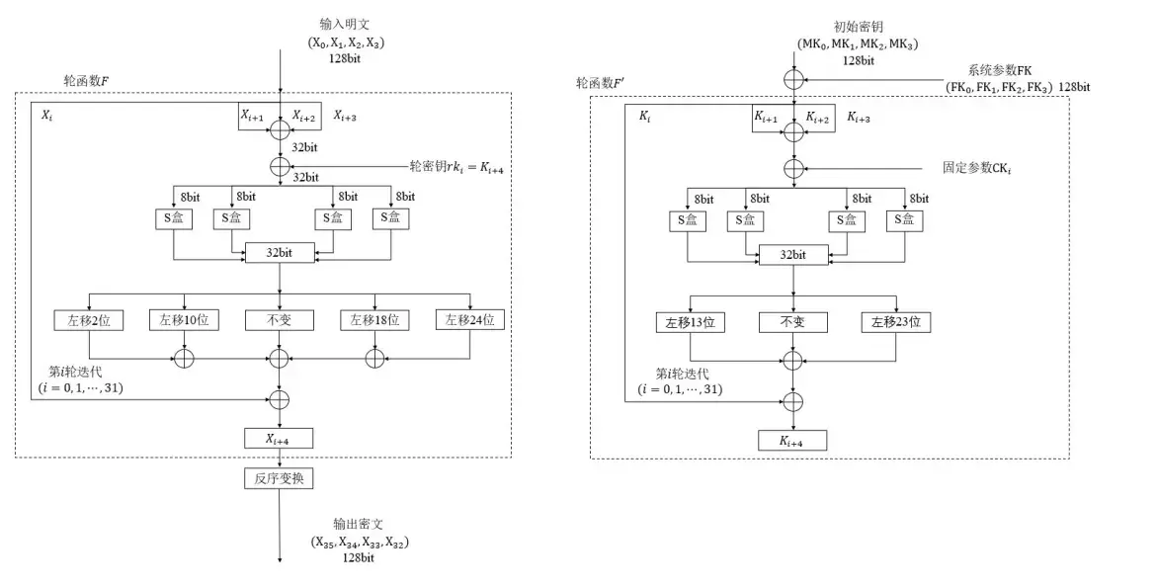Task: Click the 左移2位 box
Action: [90, 319]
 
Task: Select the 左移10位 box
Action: [184, 319]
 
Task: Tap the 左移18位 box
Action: [375, 319]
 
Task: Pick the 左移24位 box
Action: [469, 319]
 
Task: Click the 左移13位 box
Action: [692, 322]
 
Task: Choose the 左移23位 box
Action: [896, 322]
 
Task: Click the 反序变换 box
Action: [280, 478]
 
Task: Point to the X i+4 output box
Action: [280, 438]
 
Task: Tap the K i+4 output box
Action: [793, 441]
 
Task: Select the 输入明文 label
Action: [343, 23]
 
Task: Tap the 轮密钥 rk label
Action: [455, 166]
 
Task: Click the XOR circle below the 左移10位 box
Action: [184, 359]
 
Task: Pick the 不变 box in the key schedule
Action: [793, 322]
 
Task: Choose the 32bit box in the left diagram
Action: [280, 253]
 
